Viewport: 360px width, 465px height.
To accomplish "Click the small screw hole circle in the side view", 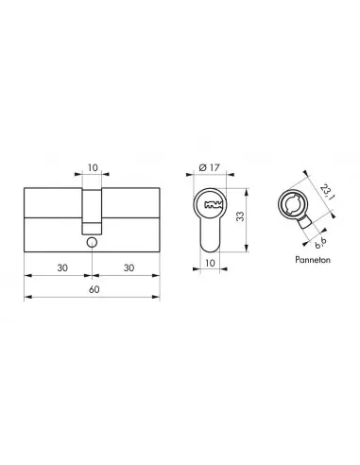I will pyautogui.click(x=91, y=243).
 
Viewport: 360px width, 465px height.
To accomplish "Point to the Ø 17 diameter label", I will pyautogui.click(x=212, y=168).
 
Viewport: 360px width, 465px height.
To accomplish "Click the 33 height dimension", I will pyautogui.click(x=243, y=215).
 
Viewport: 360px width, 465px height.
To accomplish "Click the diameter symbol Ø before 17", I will pyautogui.click(x=203, y=168).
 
